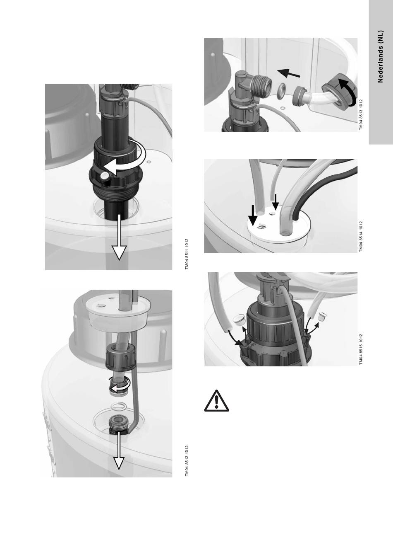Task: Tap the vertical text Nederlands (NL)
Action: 380,57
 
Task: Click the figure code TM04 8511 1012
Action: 187,254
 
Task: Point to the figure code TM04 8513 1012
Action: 361,115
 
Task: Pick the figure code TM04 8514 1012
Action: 361,237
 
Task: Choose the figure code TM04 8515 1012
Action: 361,349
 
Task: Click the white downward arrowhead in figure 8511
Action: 119,252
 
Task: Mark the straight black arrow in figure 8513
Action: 288,73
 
